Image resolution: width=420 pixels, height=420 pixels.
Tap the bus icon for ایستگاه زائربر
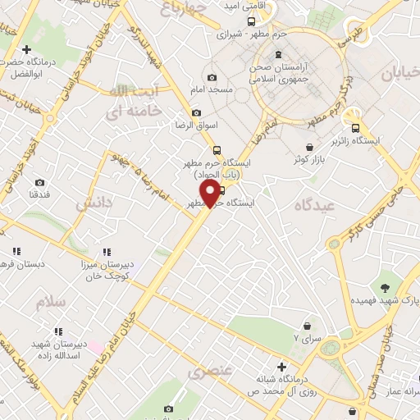(355, 128)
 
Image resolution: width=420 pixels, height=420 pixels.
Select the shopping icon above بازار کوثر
(308, 146)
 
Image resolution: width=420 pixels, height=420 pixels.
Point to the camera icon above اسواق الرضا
(196, 113)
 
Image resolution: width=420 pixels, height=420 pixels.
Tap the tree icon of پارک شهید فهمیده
(384, 286)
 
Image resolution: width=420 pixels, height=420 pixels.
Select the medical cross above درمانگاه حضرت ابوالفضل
(27, 50)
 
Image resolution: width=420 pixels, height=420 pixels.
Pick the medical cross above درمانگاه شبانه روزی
(281, 366)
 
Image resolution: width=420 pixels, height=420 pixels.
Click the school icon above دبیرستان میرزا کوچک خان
(106, 253)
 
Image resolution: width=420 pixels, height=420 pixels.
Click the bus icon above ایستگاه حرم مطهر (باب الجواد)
(217, 150)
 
